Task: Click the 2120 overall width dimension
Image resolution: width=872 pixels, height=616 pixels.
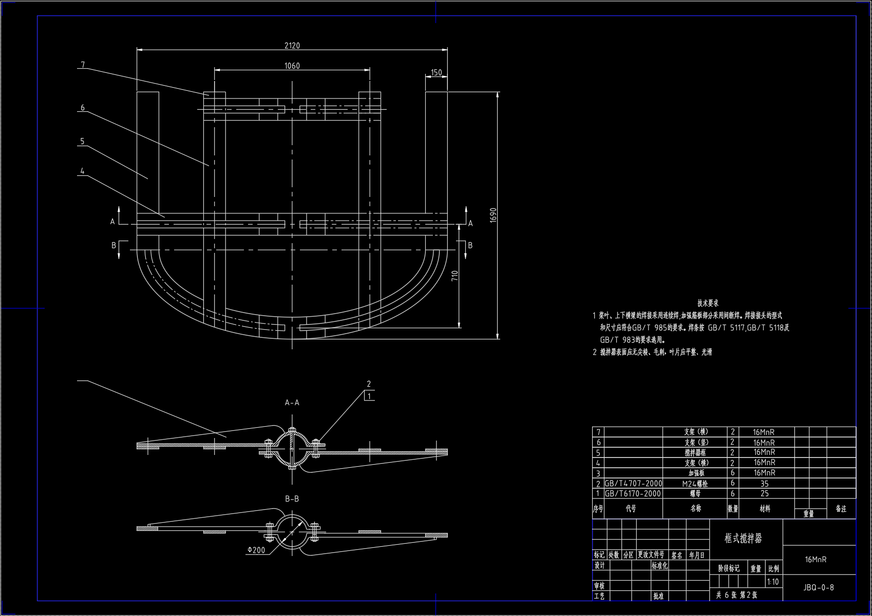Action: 292,45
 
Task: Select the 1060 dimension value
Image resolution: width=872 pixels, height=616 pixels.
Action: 292,66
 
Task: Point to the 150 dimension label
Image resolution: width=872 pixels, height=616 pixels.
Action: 436,73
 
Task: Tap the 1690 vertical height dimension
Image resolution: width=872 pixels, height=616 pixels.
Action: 493,215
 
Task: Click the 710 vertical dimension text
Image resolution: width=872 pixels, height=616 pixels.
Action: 454,276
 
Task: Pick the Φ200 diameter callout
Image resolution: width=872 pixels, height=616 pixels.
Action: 256,550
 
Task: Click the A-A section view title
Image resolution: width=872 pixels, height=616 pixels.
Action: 292,403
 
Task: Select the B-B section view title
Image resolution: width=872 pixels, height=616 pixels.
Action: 292,499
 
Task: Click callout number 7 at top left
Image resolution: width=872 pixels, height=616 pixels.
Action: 83,65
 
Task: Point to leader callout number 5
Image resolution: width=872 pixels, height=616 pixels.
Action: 82,141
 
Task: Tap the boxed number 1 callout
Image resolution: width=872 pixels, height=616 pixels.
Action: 369,396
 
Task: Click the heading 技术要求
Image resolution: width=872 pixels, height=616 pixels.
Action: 708,303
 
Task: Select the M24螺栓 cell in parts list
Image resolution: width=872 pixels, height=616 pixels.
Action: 695,483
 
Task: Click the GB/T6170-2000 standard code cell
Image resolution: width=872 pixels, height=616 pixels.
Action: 633,493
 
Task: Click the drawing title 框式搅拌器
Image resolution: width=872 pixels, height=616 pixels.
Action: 743,538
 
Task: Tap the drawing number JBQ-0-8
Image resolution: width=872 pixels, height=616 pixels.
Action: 819,587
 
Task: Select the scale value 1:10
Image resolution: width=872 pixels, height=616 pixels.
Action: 772,582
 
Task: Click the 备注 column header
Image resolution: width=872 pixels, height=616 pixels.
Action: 841,509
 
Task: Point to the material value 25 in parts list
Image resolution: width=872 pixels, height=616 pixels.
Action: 764,493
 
